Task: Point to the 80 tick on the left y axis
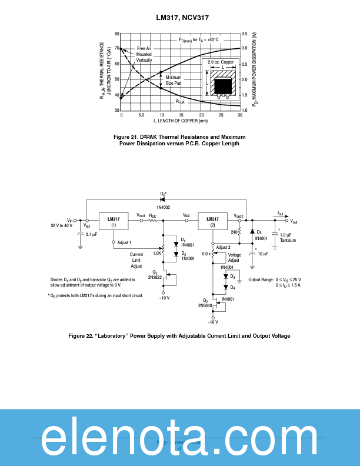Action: point(117,34)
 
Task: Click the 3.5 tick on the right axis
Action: point(245,34)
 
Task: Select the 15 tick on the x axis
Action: point(181,115)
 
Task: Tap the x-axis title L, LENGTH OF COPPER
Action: point(181,121)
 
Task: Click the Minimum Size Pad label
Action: point(174,81)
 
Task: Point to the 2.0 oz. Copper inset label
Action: point(221,62)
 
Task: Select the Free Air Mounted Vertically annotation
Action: point(144,54)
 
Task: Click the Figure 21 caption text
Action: point(179,140)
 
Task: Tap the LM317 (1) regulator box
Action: point(114,222)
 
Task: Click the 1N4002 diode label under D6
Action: point(163,207)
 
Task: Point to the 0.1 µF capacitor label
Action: point(92,234)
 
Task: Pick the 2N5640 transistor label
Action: point(205,305)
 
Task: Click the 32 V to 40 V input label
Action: point(62,225)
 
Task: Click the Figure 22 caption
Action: point(179,336)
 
